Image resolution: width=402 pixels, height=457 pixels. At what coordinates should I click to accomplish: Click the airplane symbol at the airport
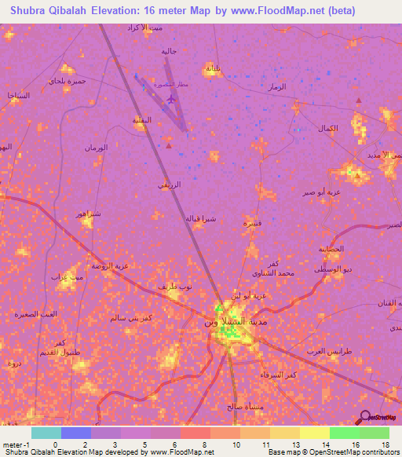click(172, 99)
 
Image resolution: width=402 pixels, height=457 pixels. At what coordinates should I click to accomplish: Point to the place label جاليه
click(169, 51)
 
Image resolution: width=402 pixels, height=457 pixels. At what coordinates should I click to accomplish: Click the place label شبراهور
click(86, 214)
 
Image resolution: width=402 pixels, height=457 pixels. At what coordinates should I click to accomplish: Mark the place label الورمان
click(100, 147)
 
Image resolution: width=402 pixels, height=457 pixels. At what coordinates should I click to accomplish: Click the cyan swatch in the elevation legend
click(46, 433)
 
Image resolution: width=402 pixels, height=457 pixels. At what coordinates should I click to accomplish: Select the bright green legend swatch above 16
click(344, 433)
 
